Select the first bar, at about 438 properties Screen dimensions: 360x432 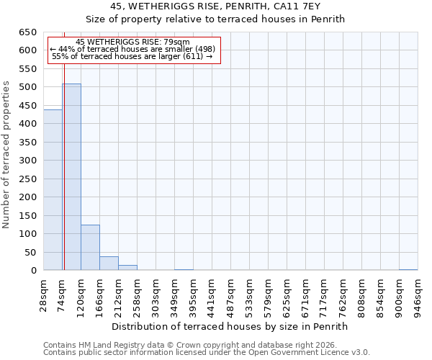(x=53, y=190)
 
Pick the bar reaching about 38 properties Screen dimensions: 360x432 (x=109, y=264)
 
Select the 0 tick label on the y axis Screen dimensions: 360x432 (x=33, y=271)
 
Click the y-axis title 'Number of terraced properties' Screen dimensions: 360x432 (x=6, y=155)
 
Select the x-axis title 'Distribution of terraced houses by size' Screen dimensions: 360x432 (x=230, y=326)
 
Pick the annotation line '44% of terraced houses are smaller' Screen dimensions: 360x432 (x=132, y=49)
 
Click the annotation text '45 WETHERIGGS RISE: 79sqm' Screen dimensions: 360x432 (x=132, y=42)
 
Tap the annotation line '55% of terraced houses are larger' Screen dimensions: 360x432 (x=132, y=56)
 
